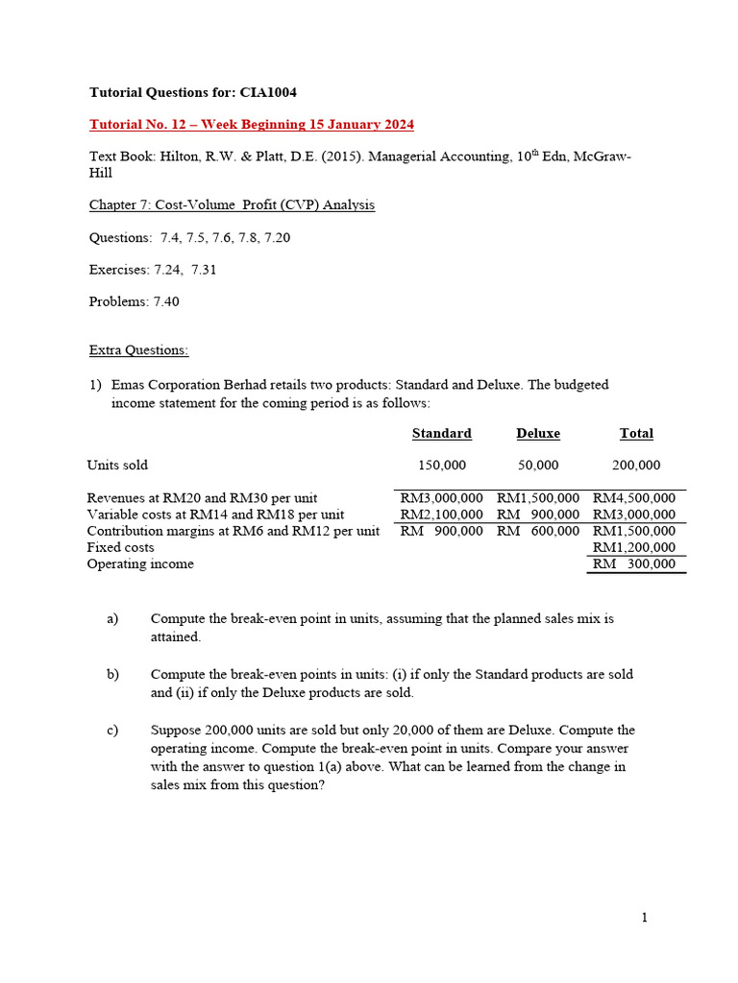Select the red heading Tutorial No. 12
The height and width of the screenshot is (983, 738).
pos(252,125)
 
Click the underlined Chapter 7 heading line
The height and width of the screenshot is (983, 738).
pos(232,204)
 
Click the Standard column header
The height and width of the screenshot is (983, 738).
pos(441,433)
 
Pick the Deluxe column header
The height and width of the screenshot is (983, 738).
pos(538,433)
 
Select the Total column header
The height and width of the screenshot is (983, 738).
pos(636,433)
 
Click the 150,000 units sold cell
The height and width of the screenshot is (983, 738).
pos(441,465)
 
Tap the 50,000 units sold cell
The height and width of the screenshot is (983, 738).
pos(538,465)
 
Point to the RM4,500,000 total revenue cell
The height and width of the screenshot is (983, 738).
pos(634,498)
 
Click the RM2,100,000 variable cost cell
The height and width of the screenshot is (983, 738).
pos(441,515)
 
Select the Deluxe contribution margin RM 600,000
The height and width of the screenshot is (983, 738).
pos(538,531)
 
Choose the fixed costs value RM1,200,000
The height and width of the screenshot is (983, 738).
pos(634,547)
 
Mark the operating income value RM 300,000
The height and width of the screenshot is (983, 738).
pos(634,563)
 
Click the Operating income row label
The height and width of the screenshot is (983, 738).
pos(140,563)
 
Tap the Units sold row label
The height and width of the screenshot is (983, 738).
pos(117,465)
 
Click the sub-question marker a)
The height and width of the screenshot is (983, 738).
pos(112,619)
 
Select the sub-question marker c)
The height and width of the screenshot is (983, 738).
pos(112,731)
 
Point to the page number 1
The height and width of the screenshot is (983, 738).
pos(645,918)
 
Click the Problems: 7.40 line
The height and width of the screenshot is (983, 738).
pos(134,301)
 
